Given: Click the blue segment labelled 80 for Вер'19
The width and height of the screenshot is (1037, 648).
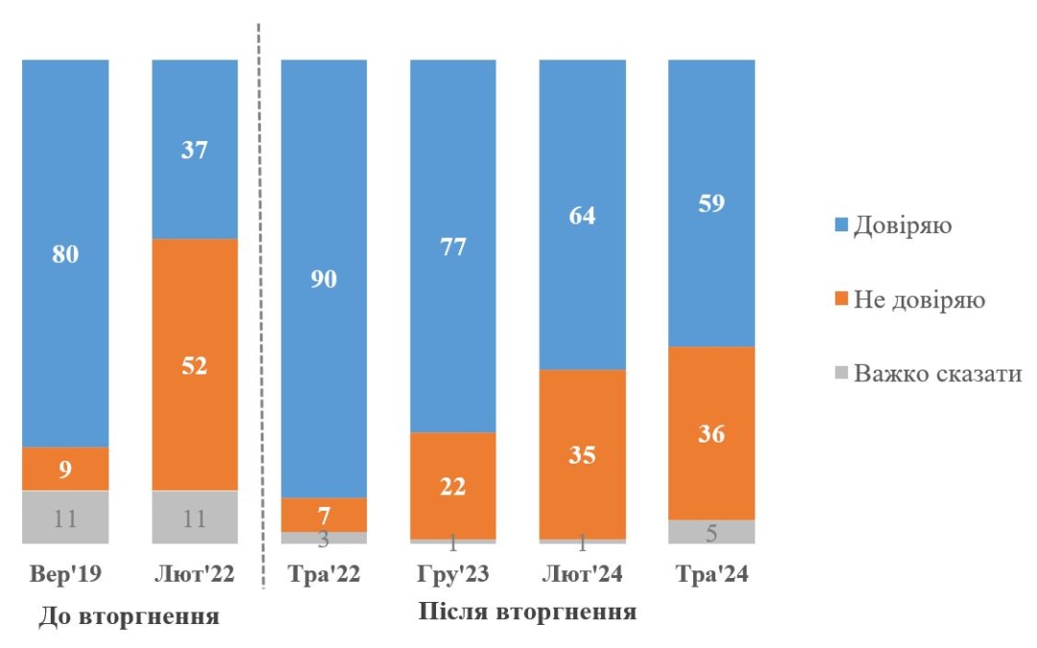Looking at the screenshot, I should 66,253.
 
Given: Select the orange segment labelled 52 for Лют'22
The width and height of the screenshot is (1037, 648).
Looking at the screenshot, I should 195,365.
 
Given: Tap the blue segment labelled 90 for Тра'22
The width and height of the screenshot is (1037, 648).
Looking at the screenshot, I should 324,278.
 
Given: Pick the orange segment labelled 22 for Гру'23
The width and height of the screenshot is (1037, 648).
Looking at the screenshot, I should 452,486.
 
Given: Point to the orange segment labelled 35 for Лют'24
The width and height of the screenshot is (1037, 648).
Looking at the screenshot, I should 582,454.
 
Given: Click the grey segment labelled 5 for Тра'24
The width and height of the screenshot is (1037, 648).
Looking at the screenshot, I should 711,533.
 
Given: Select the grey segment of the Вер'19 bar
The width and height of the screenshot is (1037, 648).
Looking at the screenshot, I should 66,518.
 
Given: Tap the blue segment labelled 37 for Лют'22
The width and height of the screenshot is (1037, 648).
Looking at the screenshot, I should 195,149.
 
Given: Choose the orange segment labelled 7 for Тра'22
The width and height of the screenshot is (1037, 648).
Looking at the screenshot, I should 324,515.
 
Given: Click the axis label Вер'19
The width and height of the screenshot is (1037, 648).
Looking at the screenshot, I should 66,576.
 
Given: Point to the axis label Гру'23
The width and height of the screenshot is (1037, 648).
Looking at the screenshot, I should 452,576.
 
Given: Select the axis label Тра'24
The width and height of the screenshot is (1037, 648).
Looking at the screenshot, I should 711,576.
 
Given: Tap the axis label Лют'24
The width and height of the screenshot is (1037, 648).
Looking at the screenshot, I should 582,576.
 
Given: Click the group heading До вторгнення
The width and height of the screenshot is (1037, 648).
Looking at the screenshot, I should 129,616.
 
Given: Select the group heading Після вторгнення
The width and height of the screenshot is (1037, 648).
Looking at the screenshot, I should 528,612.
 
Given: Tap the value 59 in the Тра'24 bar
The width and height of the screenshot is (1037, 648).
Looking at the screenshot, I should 711,204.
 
